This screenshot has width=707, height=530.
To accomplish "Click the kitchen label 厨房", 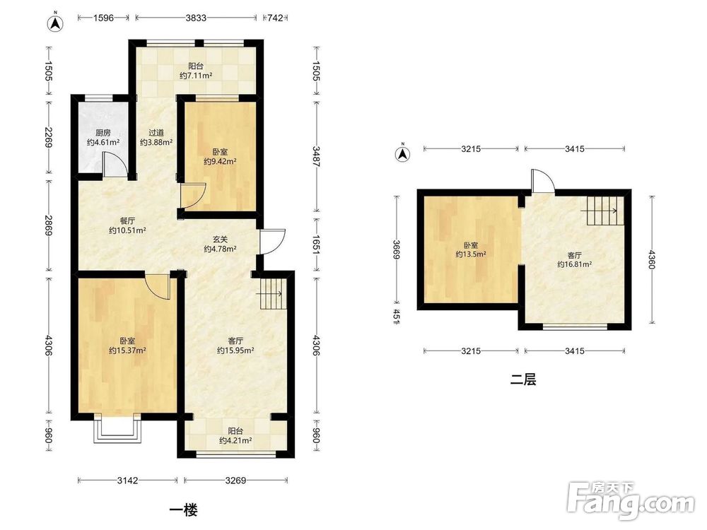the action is (x=103, y=133).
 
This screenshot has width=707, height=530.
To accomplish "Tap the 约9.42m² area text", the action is (x=220, y=161).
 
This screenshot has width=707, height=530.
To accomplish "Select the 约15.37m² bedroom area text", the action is (x=127, y=351).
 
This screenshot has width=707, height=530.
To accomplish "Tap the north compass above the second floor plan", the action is (x=403, y=153).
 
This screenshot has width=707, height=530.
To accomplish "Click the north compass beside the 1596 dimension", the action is (x=56, y=23).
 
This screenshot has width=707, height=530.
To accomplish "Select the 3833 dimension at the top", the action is (x=196, y=18).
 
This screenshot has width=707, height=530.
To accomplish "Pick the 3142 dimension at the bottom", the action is (x=127, y=481).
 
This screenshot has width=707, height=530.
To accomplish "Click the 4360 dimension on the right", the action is (x=650, y=259).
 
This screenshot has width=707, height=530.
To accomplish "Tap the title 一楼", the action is (x=184, y=510).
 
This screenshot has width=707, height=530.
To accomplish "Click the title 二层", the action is (x=523, y=379).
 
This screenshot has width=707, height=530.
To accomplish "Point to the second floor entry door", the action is (x=542, y=182).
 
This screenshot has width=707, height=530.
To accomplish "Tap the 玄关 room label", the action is (x=220, y=240).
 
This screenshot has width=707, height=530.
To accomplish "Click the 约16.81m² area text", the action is (x=574, y=264).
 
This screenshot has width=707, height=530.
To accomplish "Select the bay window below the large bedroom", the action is (x=117, y=428).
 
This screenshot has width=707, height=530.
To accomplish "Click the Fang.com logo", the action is (x=631, y=500).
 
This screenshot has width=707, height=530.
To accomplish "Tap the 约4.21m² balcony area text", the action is (x=235, y=440).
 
